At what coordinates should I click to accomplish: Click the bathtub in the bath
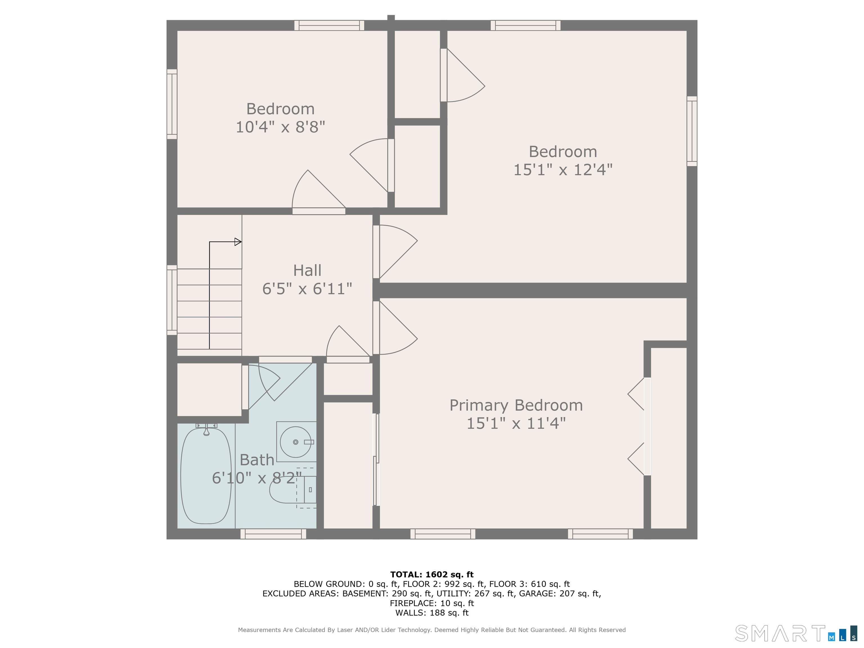coord(206,476)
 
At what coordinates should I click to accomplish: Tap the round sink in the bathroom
coord(296,442)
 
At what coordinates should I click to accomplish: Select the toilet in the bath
coord(293,489)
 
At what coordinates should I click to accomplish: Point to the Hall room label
coord(307,270)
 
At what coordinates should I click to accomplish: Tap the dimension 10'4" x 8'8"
coord(280,127)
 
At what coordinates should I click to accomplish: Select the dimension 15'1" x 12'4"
coord(563,170)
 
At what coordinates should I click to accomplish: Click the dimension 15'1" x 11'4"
coord(516,423)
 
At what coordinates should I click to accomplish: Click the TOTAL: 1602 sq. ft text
coord(432,574)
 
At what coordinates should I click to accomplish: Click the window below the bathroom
coord(273,534)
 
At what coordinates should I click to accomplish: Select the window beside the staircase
coord(172,300)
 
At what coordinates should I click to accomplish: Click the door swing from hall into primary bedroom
coord(395,328)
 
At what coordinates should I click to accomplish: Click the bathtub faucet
coord(206,429)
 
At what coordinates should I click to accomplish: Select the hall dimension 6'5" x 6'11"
coord(307,289)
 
